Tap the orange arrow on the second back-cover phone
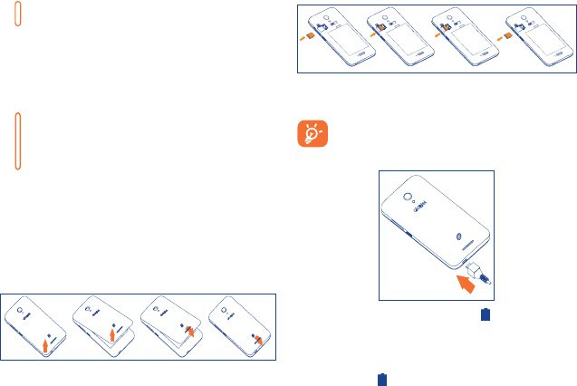tap(112, 337)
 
